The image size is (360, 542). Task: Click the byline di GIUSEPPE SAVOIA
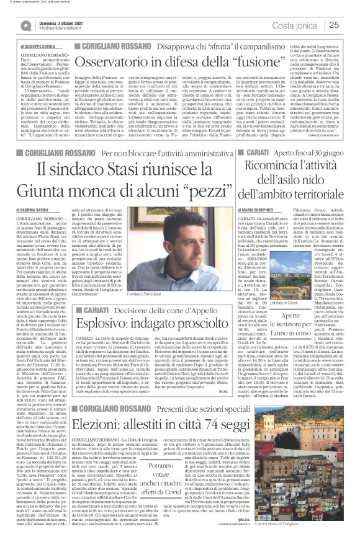tap(43, 47)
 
